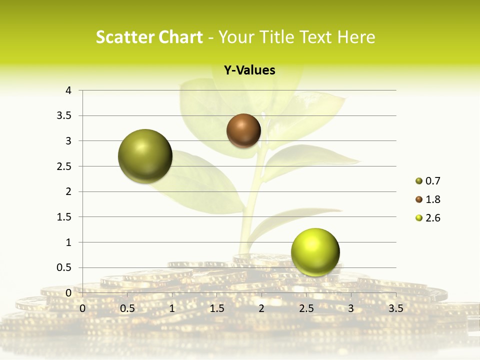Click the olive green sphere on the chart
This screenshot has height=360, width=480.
click(145, 156)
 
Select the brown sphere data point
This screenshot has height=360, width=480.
click(243, 130)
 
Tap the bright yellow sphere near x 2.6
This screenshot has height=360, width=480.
click(315, 252)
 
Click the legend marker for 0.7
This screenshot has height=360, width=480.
click(419, 181)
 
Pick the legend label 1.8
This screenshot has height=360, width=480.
click(432, 199)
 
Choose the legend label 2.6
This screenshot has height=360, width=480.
click(432, 218)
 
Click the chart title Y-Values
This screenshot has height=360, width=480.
click(249, 70)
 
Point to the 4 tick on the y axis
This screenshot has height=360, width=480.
click(69, 90)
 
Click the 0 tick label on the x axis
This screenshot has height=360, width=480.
click(83, 308)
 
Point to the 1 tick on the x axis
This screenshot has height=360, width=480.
click(172, 308)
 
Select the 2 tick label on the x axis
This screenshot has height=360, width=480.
click(261, 308)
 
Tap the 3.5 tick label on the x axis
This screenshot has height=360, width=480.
click(395, 308)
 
